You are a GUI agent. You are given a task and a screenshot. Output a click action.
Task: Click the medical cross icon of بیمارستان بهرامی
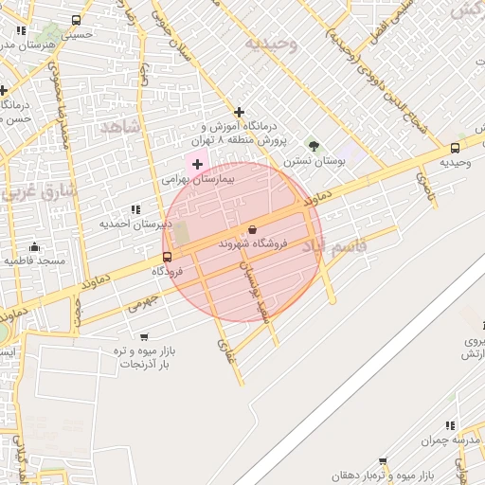click(x=197, y=164)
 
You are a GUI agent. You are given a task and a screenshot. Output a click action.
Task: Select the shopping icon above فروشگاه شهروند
click(x=252, y=229)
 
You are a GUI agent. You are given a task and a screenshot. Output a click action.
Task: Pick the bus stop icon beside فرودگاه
click(x=168, y=257)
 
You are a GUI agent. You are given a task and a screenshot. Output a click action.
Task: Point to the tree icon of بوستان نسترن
click(x=314, y=146)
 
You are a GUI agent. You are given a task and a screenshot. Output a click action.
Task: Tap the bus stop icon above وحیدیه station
click(x=456, y=148)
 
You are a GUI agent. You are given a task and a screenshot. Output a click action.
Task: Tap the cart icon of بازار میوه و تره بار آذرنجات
click(x=144, y=336)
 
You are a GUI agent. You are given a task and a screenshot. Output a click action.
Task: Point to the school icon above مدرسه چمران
click(x=450, y=426)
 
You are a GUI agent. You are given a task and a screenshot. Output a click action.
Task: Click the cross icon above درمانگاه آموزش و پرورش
click(x=239, y=112)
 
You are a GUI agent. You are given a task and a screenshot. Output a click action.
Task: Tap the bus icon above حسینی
click(x=76, y=20)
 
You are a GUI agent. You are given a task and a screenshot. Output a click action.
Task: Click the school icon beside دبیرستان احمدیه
click(x=135, y=209)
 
